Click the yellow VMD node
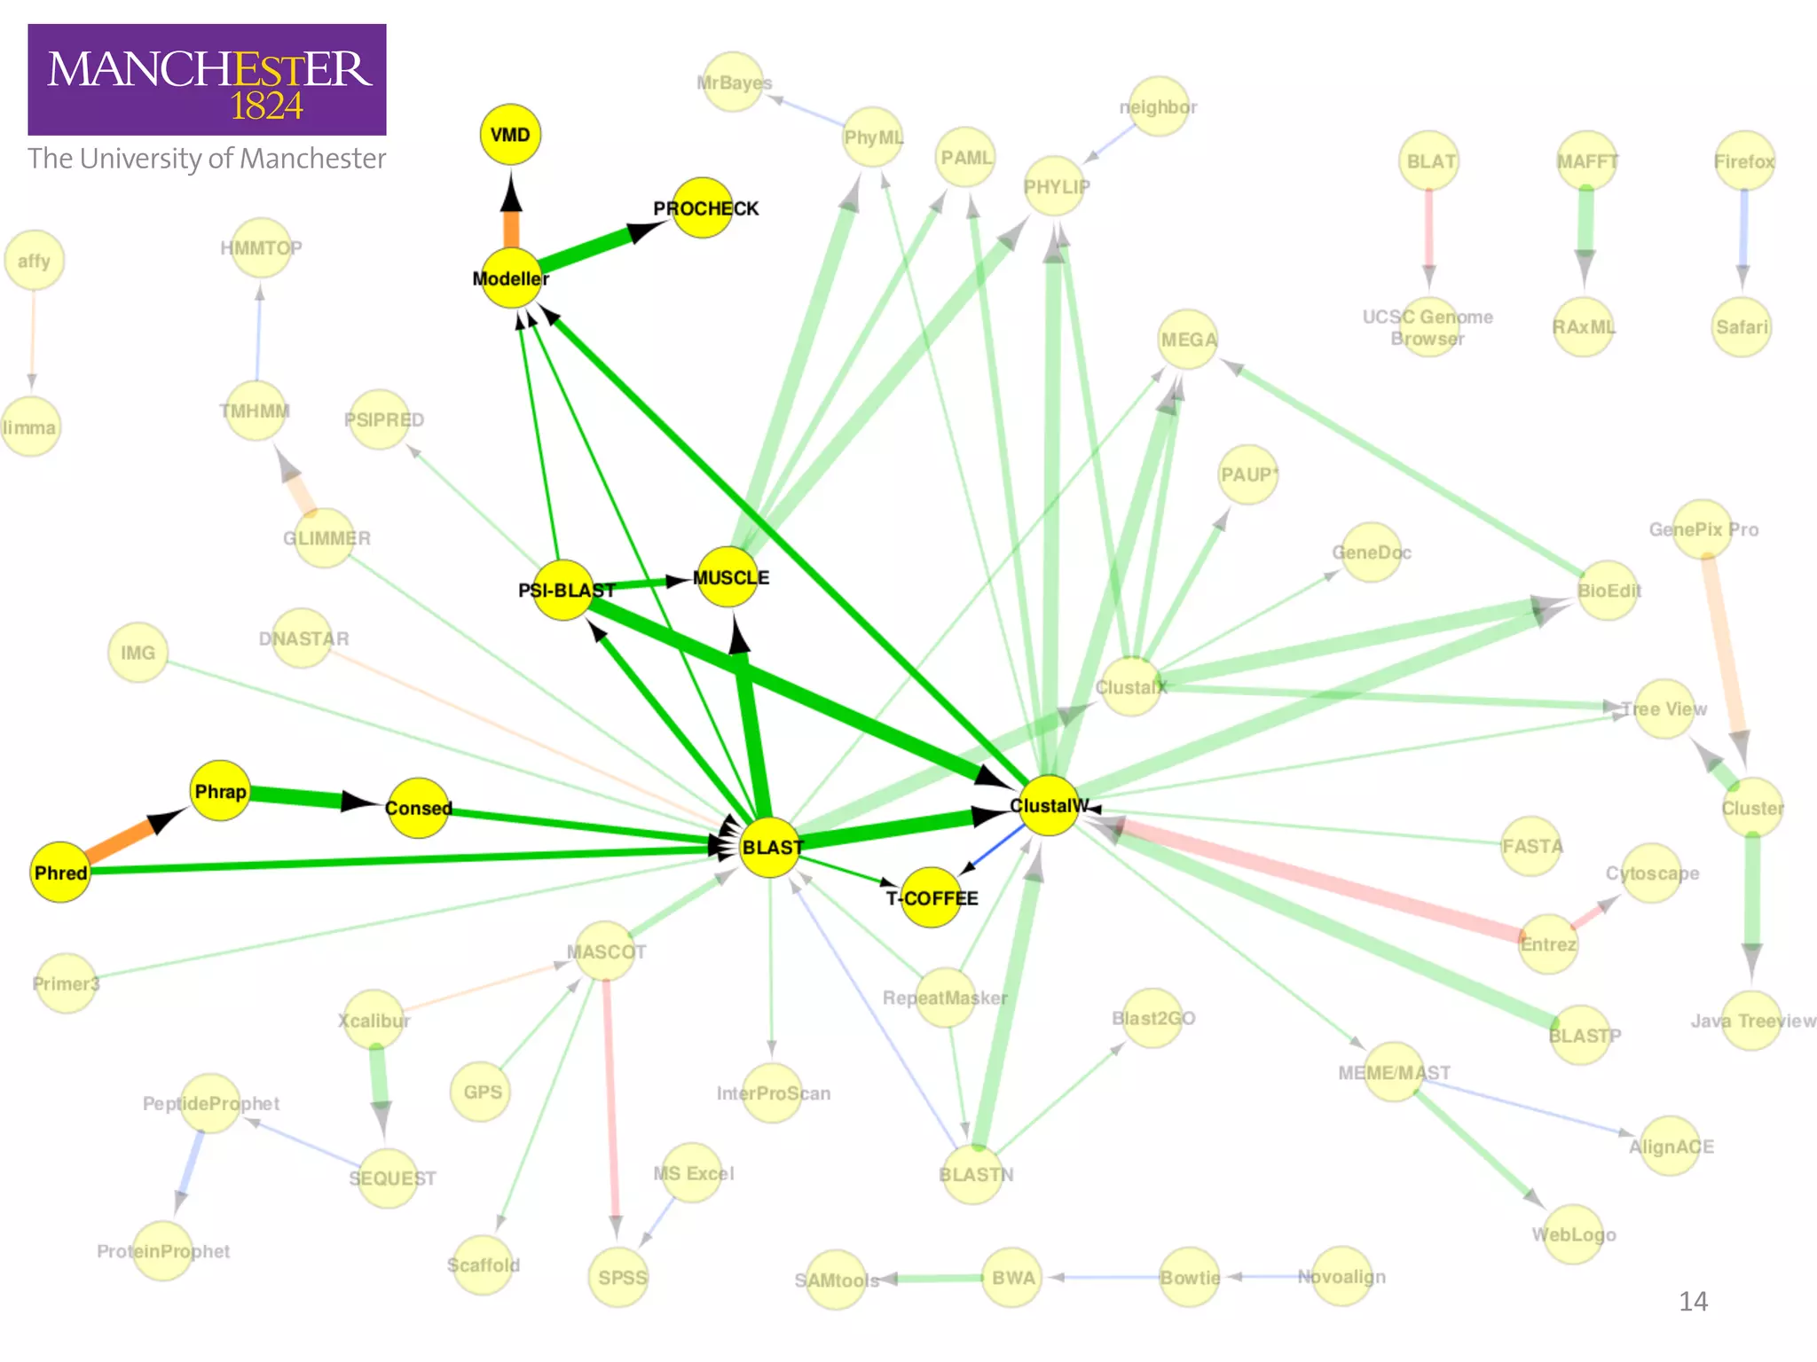(x=510, y=135)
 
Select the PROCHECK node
(x=702, y=208)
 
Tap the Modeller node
(x=511, y=278)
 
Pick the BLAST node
(x=770, y=848)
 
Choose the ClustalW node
(x=1049, y=805)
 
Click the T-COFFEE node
(x=932, y=897)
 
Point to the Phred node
(x=60, y=873)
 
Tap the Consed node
(x=418, y=808)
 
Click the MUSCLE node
(x=728, y=577)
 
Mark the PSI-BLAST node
(x=563, y=590)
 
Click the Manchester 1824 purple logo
(x=207, y=80)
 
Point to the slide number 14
(x=1693, y=1301)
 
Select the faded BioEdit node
(x=1608, y=591)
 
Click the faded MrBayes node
(x=733, y=82)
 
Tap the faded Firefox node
(x=1744, y=161)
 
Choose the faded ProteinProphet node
(x=163, y=1250)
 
